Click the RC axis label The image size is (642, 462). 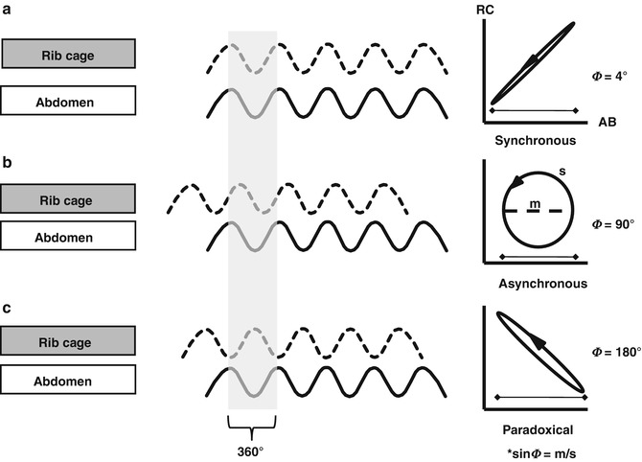tap(486, 12)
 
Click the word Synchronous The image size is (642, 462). tap(535, 140)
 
